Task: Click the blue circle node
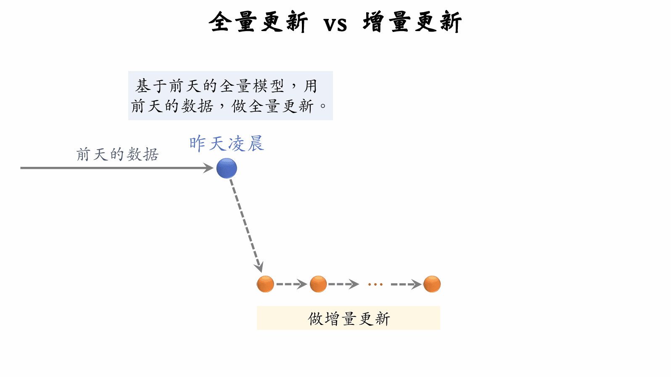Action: coord(227,168)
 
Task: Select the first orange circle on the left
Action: coord(265,284)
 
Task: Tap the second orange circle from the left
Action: coord(318,284)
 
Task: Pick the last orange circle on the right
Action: coord(432,284)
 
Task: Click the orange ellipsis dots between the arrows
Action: coord(375,285)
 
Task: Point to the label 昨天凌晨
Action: coord(226,144)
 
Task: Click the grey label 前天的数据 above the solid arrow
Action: coord(117,154)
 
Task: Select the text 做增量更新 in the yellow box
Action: coord(349,319)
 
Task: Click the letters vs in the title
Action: coord(335,24)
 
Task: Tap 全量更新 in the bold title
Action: coord(258,22)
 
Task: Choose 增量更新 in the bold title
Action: coord(412,22)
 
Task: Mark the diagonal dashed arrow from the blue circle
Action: coord(246,225)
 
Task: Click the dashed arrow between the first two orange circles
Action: coord(291,284)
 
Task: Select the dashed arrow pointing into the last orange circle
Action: coord(406,284)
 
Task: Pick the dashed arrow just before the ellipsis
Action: coord(343,284)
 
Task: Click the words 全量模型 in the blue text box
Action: coord(251,86)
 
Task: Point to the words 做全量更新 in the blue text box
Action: coord(273,106)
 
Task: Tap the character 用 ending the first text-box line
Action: coord(310,86)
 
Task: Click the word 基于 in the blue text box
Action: coord(151,86)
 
